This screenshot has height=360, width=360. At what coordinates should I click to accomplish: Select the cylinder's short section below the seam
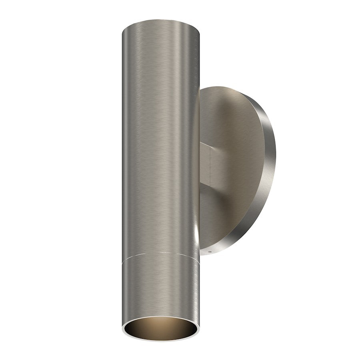click(x=160, y=288)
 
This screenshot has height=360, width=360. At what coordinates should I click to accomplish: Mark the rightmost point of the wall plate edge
click(x=275, y=168)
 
